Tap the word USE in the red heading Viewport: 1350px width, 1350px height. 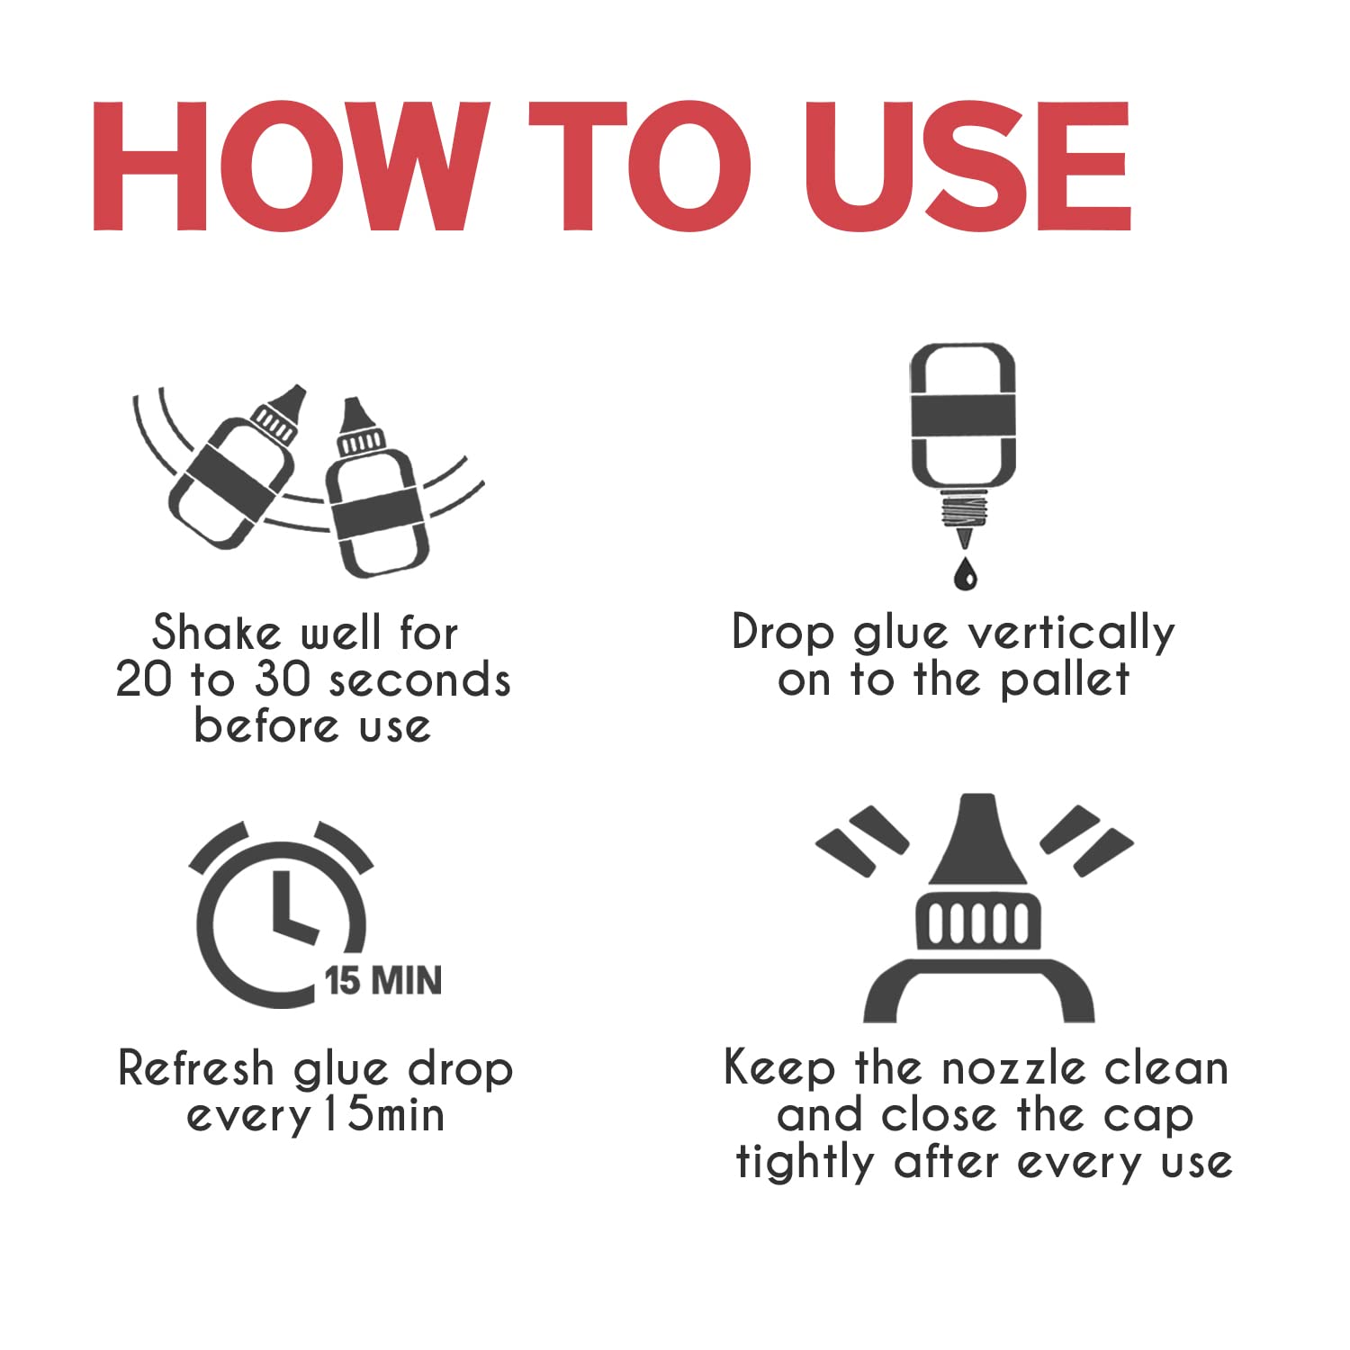[967, 166]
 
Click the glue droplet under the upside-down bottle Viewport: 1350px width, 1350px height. [965, 572]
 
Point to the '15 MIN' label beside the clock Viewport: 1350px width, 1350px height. [383, 980]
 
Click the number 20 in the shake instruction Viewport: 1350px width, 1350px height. [144, 679]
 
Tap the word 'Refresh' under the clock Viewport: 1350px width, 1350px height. [196, 1068]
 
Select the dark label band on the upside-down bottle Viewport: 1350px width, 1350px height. [963, 417]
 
